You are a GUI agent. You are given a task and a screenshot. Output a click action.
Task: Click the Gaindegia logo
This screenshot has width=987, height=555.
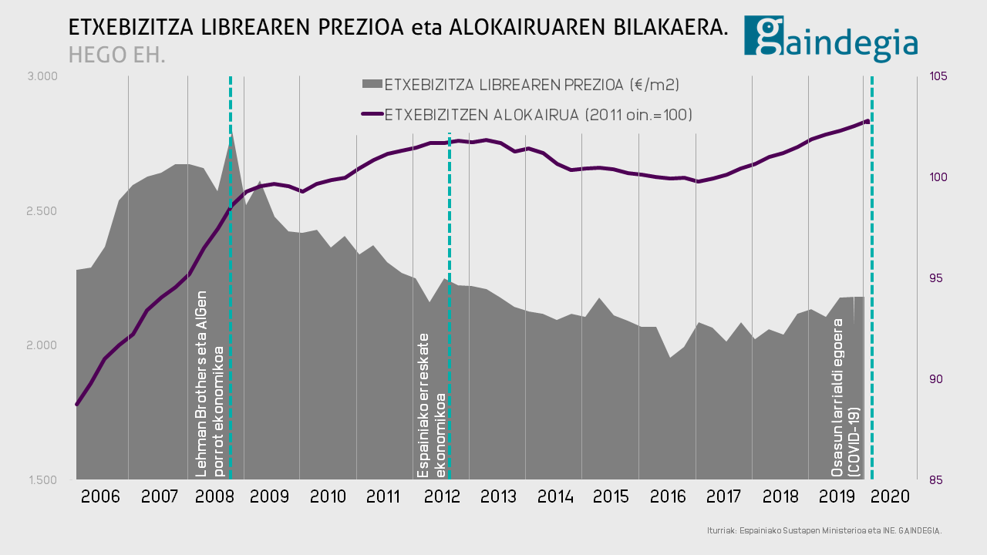(x=830, y=38)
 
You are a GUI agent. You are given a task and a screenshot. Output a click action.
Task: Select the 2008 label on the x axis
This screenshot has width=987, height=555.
(x=215, y=496)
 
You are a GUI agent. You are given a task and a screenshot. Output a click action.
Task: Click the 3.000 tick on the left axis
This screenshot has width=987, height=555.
(x=42, y=76)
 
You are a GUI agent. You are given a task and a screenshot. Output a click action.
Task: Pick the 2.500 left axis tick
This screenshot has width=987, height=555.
(x=42, y=211)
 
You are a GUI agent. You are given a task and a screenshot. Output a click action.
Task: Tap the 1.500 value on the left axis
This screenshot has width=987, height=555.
(x=42, y=479)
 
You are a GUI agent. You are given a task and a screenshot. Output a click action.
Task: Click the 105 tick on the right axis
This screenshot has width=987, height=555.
(x=938, y=76)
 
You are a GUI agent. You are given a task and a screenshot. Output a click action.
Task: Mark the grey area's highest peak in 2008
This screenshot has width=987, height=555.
(x=231, y=134)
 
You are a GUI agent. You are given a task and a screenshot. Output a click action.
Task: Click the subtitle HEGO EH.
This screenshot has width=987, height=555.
(x=116, y=55)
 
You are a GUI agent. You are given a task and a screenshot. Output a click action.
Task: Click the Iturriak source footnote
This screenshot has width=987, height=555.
(x=824, y=530)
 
